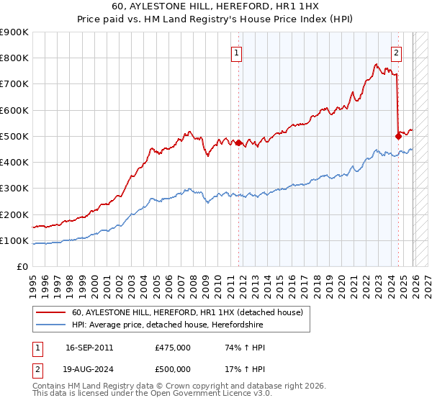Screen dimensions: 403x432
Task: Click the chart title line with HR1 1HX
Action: [x=215, y=6]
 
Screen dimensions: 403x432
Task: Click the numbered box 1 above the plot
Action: [x=237, y=52]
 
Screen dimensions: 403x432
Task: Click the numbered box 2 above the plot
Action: [x=397, y=52]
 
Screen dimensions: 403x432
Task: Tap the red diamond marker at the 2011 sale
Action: [x=238, y=142]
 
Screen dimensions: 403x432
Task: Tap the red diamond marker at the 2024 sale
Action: [x=397, y=135]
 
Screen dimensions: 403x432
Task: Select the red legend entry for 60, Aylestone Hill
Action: [x=187, y=312]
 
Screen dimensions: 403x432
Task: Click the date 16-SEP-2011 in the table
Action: [x=89, y=348]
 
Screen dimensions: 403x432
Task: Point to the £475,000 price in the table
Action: [x=173, y=348]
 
